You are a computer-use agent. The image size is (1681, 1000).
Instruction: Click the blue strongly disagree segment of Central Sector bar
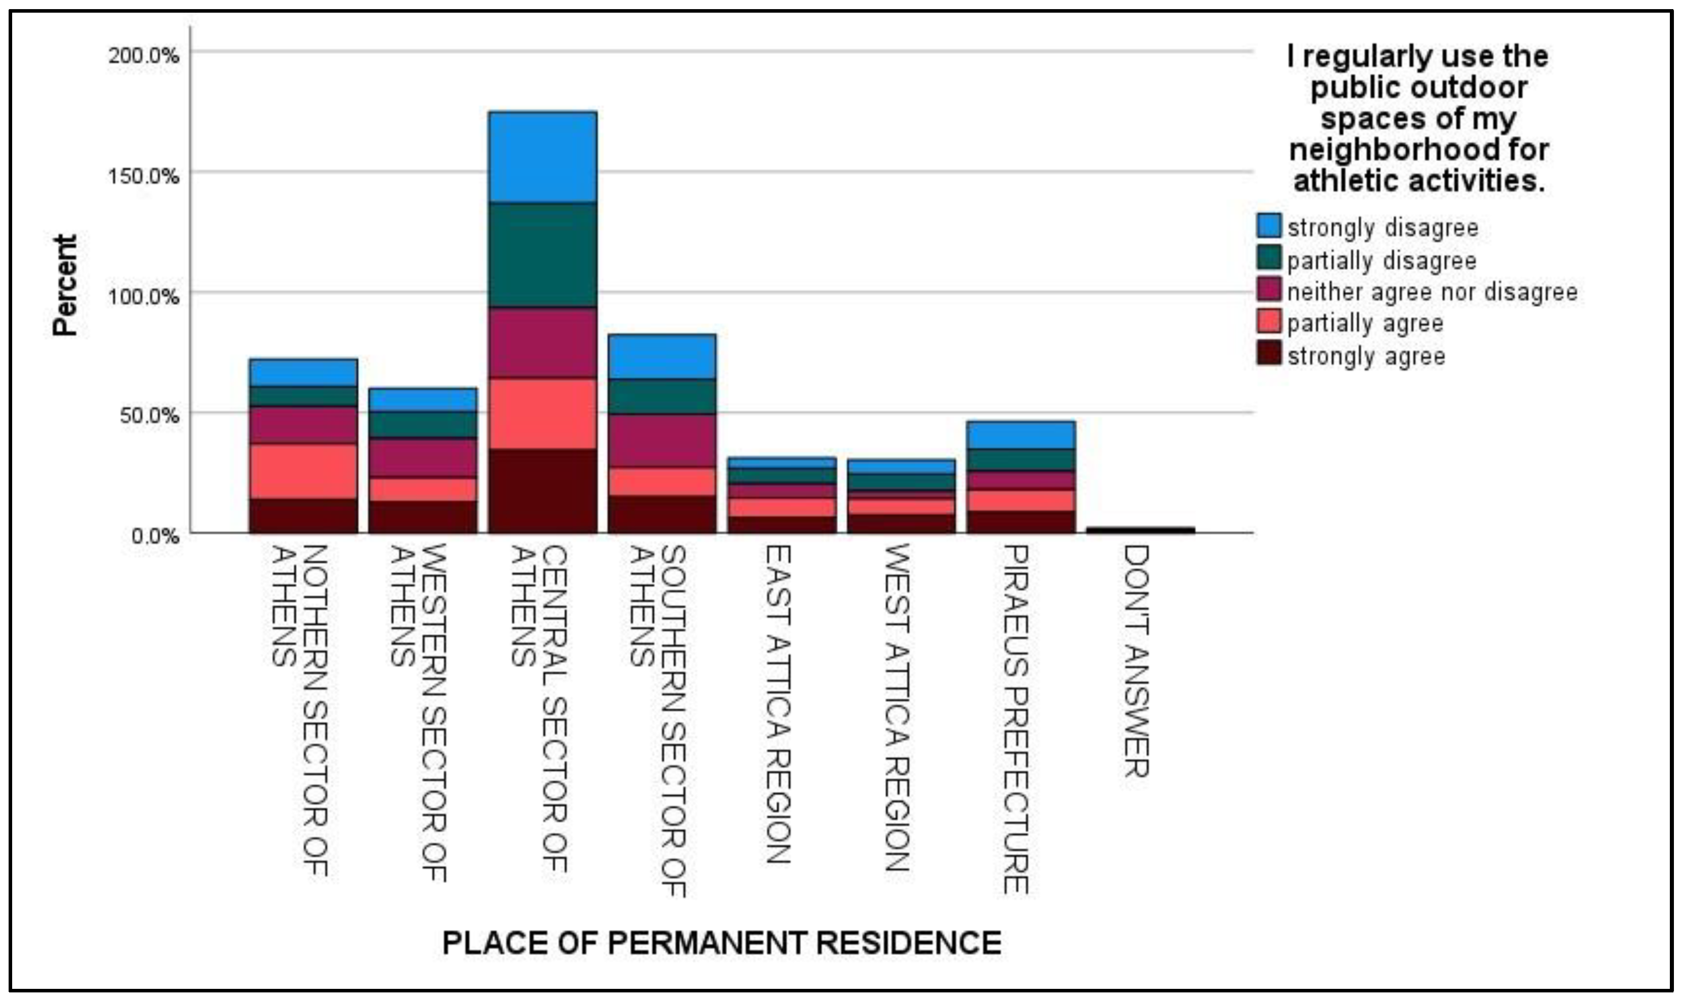click(x=543, y=157)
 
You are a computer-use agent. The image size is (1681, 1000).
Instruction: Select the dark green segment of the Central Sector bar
click(x=543, y=255)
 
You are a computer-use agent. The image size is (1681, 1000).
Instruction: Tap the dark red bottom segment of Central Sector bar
click(x=543, y=490)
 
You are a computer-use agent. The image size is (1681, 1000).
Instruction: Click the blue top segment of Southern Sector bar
click(x=662, y=357)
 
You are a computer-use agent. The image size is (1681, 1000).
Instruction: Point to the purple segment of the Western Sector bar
click(x=423, y=458)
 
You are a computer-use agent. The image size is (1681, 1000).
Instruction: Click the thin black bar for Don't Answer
click(x=1140, y=530)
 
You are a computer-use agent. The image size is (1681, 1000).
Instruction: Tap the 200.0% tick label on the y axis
click(x=144, y=55)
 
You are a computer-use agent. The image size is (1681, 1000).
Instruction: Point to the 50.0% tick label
click(x=149, y=415)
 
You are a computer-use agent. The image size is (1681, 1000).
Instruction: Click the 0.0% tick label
click(x=155, y=536)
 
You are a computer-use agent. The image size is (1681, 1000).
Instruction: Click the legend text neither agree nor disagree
click(x=1432, y=292)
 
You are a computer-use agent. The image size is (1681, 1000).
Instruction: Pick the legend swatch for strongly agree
click(x=1268, y=354)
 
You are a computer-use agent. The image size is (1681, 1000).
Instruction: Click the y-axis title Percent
click(x=65, y=285)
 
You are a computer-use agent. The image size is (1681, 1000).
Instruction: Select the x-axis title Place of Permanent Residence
click(x=721, y=943)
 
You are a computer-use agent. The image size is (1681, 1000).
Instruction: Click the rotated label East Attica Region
click(x=778, y=704)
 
